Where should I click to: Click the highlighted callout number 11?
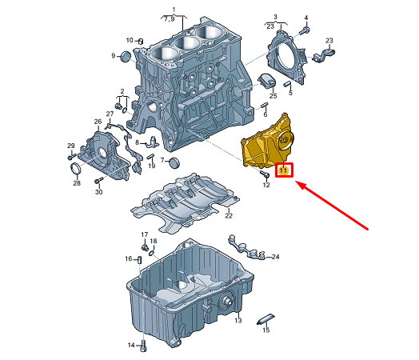(284, 170)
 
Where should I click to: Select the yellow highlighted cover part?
(267, 143)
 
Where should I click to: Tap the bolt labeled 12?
(264, 174)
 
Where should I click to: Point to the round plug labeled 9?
(125, 56)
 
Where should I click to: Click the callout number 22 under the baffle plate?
(229, 215)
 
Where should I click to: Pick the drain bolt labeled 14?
(144, 346)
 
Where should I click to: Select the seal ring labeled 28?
(76, 169)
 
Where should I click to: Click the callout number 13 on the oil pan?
(237, 320)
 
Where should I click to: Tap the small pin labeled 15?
(265, 319)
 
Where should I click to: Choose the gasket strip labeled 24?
(246, 248)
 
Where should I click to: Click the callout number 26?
(98, 122)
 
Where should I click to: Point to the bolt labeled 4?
(305, 30)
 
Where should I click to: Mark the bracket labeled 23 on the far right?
(323, 54)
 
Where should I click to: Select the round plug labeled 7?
(175, 162)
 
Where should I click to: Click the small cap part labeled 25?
(267, 80)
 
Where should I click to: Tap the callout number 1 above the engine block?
(174, 10)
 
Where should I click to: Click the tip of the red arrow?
(295, 182)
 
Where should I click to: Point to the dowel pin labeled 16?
(139, 260)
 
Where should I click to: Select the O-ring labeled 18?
(152, 253)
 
